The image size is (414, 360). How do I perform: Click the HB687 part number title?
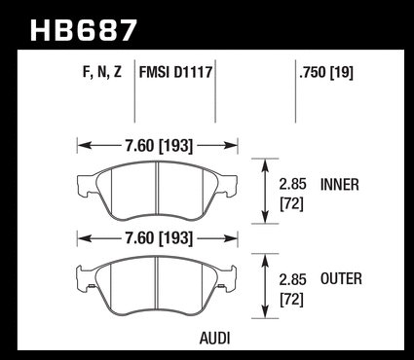click(x=83, y=30)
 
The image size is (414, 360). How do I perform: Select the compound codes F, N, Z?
click(x=102, y=72)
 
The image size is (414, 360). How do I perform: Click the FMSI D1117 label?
click(x=175, y=72)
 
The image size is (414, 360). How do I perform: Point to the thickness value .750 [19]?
click(x=326, y=72)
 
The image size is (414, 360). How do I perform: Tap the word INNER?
click(x=340, y=185)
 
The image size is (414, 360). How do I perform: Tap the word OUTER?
click(x=341, y=279)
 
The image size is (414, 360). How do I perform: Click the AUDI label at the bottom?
click(x=214, y=339)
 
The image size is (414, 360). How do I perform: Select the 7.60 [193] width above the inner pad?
click(x=159, y=146)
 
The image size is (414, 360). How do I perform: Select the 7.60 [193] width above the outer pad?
click(x=159, y=238)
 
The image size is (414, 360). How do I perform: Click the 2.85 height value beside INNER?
click(x=292, y=184)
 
